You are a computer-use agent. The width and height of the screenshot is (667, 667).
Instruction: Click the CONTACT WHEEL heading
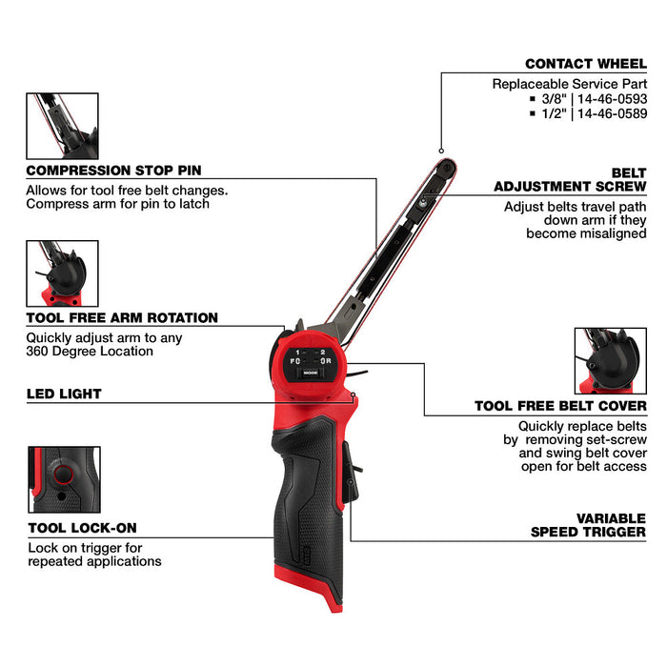click(585, 64)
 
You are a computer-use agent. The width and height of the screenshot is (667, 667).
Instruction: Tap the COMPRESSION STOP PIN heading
click(113, 171)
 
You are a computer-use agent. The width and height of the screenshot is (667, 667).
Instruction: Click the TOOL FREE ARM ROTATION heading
click(122, 318)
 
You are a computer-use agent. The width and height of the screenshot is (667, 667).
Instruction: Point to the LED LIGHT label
click(64, 394)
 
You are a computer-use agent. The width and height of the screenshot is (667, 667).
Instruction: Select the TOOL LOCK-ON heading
click(81, 528)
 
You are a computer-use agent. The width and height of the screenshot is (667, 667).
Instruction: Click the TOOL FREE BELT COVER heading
click(560, 407)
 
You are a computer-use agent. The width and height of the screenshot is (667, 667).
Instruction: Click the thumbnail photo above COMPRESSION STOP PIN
click(62, 125)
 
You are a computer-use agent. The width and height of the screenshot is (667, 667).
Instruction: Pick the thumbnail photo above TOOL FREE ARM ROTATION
click(62, 273)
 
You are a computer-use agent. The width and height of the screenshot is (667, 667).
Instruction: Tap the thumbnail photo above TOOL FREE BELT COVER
click(610, 360)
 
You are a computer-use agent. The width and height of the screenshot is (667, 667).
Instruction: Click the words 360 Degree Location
click(91, 352)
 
